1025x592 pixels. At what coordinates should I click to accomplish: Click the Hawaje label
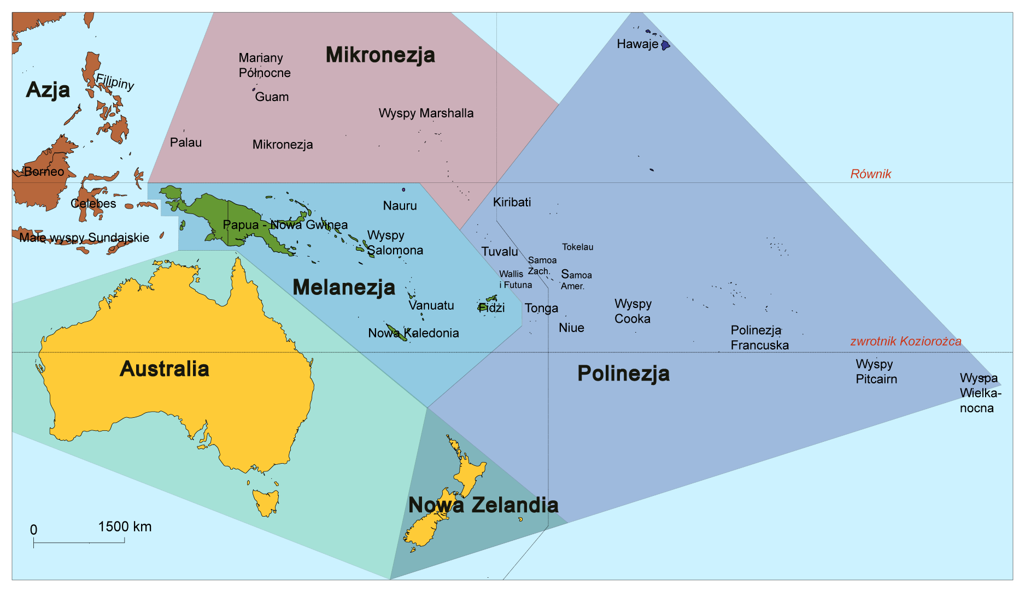click(637, 44)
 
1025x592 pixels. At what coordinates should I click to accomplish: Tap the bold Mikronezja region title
click(380, 55)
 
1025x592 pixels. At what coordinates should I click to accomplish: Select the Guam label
click(272, 97)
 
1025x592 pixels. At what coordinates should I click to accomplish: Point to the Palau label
click(186, 143)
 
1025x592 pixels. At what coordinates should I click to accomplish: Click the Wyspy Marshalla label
click(426, 114)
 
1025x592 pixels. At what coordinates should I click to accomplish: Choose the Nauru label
click(400, 206)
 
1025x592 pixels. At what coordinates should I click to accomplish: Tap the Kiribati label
click(512, 203)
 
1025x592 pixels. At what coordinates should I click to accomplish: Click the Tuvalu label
click(500, 252)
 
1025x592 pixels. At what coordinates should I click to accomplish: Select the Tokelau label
click(577, 247)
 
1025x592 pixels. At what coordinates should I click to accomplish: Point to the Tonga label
click(541, 309)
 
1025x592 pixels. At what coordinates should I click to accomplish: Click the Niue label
click(571, 328)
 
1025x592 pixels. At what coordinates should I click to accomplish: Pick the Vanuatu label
click(431, 306)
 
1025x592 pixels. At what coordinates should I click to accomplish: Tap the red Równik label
click(870, 174)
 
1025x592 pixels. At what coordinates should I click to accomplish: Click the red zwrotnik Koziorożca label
click(905, 342)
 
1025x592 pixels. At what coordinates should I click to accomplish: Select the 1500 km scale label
click(125, 527)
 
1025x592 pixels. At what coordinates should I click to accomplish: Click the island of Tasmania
click(266, 502)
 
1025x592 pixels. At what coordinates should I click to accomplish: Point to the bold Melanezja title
click(344, 288)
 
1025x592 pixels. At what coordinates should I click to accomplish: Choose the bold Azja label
click(48, 90)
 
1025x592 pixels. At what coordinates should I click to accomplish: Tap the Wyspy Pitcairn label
click(876, 372)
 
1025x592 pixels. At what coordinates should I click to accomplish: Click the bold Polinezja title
click(623, 374)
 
